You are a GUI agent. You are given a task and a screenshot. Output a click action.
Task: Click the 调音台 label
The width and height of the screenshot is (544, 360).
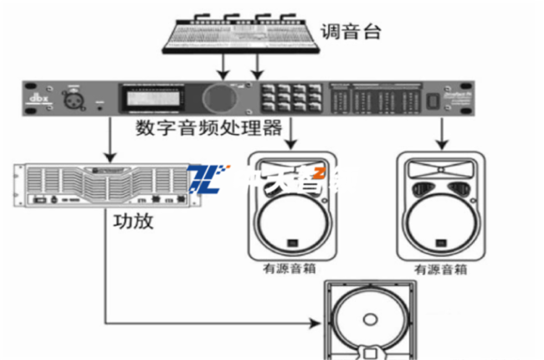click(x=351, y=33)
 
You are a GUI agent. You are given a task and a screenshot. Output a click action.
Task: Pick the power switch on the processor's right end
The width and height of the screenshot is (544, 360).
click(x=434, y=100)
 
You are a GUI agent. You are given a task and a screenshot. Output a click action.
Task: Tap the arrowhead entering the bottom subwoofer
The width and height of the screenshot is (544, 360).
click(x=318, y=321)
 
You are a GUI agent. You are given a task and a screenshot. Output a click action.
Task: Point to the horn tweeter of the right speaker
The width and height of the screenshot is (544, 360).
click(x=440, y=182)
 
